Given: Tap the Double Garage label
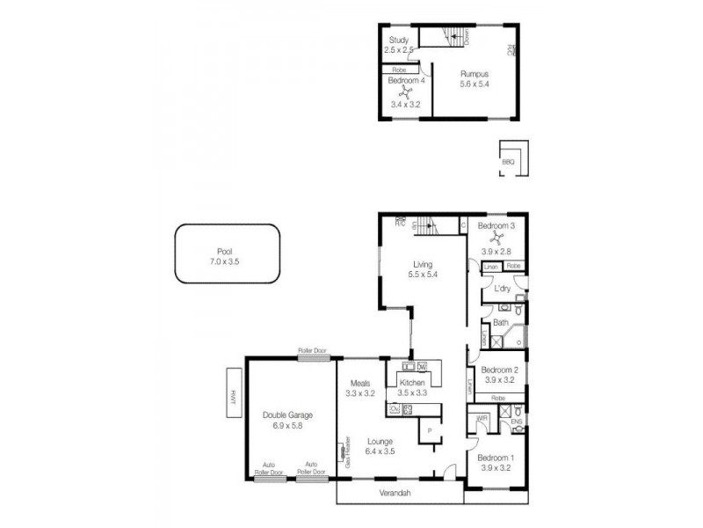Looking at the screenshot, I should pos(287,415).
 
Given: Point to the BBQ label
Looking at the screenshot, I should pos(508,162).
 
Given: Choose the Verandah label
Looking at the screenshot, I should pos(395,493).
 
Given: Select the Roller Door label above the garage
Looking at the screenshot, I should pos(312,350).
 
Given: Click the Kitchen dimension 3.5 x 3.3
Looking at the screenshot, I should pos(412,393).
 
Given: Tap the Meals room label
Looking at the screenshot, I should pos(360,383).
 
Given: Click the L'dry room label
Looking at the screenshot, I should pos(503,289).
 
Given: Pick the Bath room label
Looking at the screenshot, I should pos(500,323).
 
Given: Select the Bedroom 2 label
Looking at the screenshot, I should pos(497,370).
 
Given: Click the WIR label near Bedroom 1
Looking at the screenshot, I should pos(482,418).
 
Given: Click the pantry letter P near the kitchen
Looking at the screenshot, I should pos(430,431).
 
